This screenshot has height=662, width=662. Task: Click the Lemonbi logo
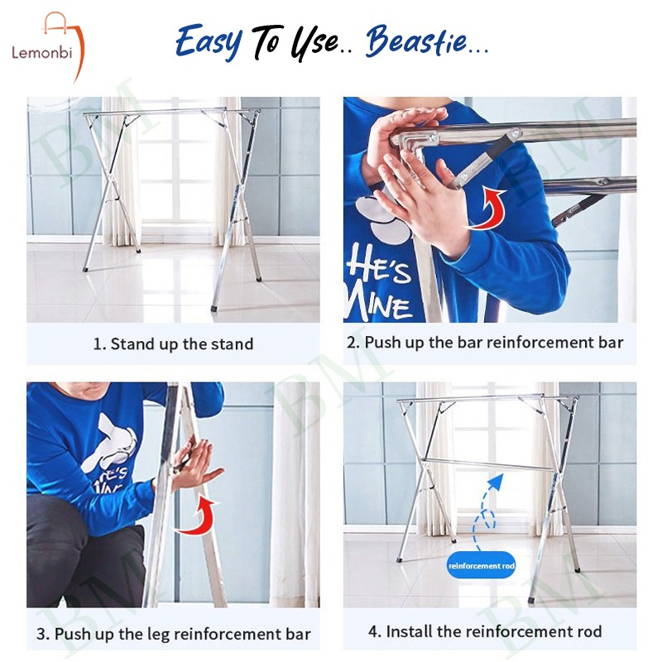(47, 46)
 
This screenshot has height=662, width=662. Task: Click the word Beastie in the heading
(416, 41)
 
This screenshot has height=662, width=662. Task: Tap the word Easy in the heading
(209, 42)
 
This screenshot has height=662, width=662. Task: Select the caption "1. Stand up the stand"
(173, 343)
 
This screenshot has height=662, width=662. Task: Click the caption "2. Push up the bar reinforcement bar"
(485, 343)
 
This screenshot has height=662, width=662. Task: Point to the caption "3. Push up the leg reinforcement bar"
(174, 634)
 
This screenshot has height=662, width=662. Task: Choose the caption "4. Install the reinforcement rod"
(485, 631)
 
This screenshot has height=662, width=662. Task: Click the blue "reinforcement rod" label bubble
(482, 565)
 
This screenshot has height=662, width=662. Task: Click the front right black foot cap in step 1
(214, 308)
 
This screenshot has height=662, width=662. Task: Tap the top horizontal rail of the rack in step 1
(171, 112)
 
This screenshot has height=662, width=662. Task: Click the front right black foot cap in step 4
(531, 599)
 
